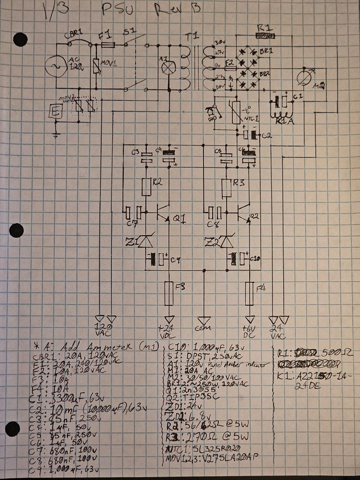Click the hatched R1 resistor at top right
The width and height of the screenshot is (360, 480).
[x=265, y=36]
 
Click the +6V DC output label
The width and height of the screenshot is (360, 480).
[x=250, y=332]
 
